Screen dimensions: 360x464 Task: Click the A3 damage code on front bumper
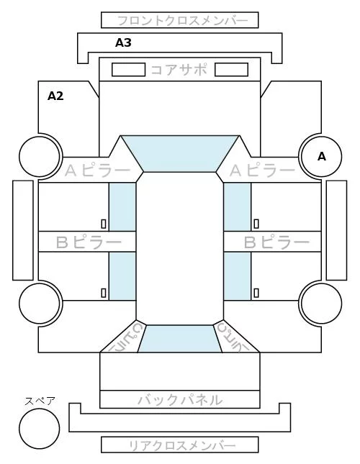(x=123, y=43)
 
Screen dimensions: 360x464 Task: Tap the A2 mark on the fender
(x=55, y=96)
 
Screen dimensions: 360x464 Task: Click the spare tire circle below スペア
(x=40, y=429)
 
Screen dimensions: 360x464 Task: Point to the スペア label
(x=40, y=401)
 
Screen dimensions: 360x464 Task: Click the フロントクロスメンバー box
(x=180, y=20)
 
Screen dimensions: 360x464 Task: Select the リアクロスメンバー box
(x=180, y=445)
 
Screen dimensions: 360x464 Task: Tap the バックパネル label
(x=180, y=400)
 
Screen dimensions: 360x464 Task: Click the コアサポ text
(x=179, y=70)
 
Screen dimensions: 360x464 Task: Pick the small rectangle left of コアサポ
(x=128, y=70)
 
